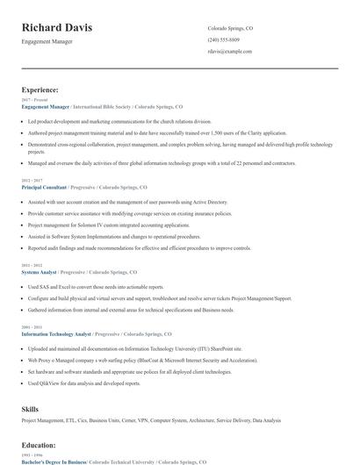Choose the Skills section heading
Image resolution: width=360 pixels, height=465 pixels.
click(30, 408)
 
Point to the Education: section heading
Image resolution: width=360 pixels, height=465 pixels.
click(39, 446)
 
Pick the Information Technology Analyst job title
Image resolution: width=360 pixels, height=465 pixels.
click(55, 334)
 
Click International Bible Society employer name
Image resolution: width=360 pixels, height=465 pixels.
click(109, 106)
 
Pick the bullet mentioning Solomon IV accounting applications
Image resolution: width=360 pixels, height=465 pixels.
click(97, 225)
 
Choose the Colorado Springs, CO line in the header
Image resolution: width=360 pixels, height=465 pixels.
click(231, 27)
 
